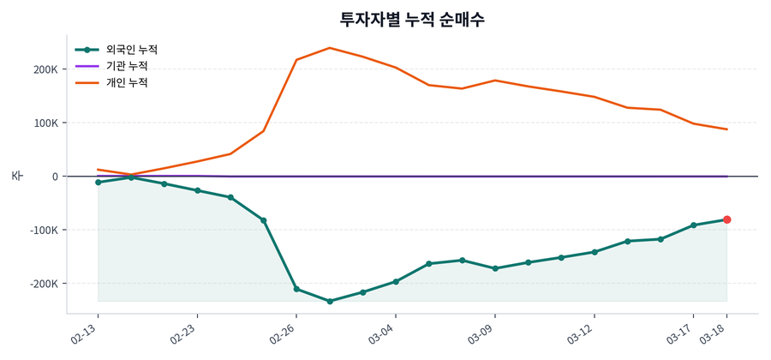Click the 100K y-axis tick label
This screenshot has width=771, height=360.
(x=46, y=123)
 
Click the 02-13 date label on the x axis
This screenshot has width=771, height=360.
(x=86, y=333)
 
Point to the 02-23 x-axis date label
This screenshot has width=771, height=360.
(x=185, y=333)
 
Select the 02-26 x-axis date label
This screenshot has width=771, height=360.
(x=284, y=333)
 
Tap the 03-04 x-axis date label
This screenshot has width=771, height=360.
(x=383, y=333)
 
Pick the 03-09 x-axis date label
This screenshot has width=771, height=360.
(x=482, y=333)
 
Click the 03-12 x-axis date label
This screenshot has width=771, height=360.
(x=582, y=333)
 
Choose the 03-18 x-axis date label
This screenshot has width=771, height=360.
(x=714, y=333)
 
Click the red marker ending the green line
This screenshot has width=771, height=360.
(x=726, y=219)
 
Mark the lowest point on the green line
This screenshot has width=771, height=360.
(x=330, y=301)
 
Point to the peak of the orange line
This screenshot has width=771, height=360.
(x=330, y=48)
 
